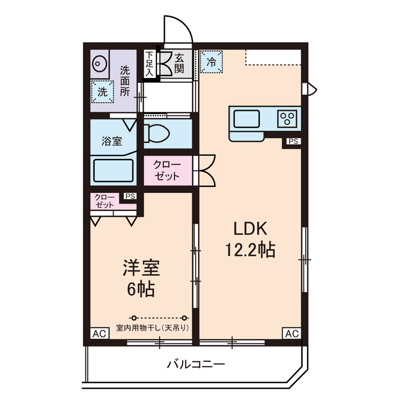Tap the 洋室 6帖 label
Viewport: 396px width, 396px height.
pyautogui.click(x=141, y=277)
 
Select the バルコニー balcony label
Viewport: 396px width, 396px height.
pyautogui.click(x=196, y=364)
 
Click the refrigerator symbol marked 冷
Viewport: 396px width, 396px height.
pyautogui.click(x=212, y=62)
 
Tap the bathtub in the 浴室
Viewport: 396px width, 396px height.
pyautogui.click(x=113, y=170)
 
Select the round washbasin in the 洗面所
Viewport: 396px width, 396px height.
pyautogui.click(x=100, y=63)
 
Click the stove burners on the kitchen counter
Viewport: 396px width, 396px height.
pyautogui.click(x=287, y=118)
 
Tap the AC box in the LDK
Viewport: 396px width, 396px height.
pyautogui.click(x=292, y=334)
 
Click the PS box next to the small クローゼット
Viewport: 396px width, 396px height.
pyautogui.click(x=130, y=196)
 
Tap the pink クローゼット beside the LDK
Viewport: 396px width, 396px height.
pyautogui.click(x=167, y=170)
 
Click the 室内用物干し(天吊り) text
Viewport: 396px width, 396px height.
pyautogui.click(x=152, y=327)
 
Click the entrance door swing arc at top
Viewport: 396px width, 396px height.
pyautogui.click(x=175, y=28)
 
